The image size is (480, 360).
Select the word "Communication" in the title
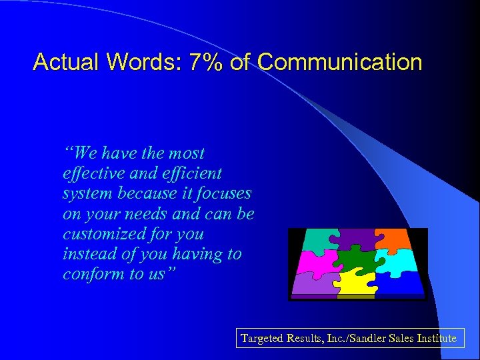[339, 62]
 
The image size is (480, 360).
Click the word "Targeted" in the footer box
[262, 339]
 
